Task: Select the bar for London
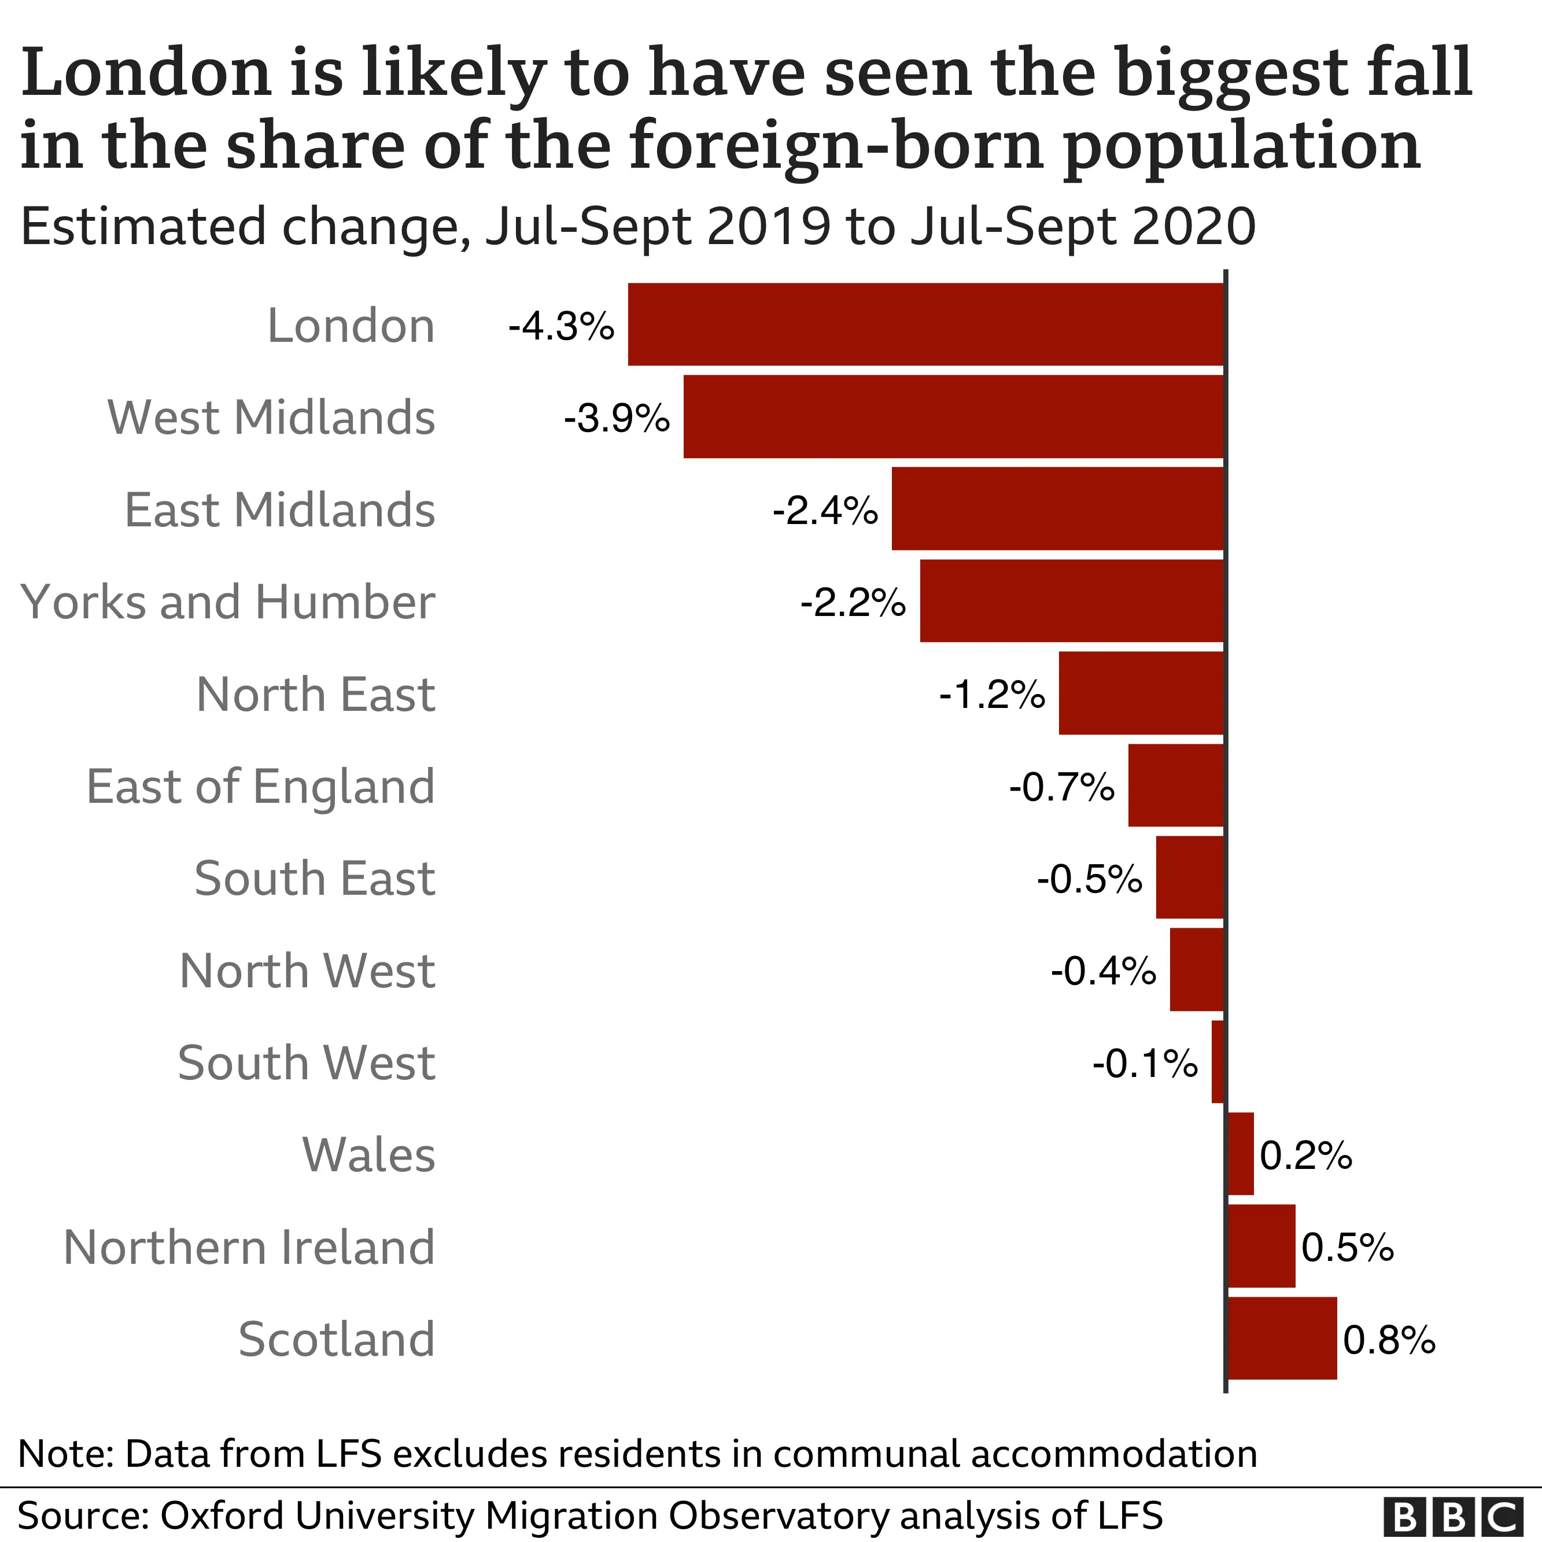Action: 926,324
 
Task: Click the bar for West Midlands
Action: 954,416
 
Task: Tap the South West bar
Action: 1217,1061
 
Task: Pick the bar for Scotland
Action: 1282,1338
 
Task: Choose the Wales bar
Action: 1240,1154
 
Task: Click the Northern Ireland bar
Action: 1261,1246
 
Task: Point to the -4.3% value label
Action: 562,326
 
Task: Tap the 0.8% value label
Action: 1389,1340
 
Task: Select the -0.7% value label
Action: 1061,787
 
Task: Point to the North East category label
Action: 315,695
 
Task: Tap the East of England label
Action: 260,786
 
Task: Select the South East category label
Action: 315,879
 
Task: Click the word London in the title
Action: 147,73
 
